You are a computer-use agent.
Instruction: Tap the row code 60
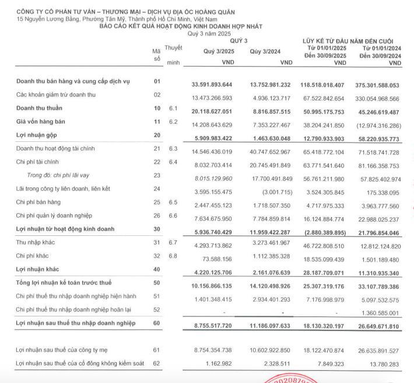(x=156, y=322)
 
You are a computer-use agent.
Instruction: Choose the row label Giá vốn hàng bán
(x=38, y=121)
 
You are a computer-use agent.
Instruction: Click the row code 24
(x=156, y=189)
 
